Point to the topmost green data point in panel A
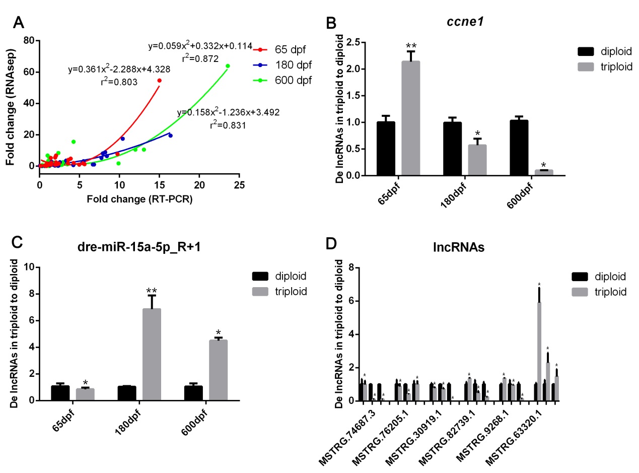(228, 66)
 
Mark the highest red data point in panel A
(159, 81)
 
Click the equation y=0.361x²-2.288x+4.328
(119, 70)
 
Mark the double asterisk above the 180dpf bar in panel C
(152, 291)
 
